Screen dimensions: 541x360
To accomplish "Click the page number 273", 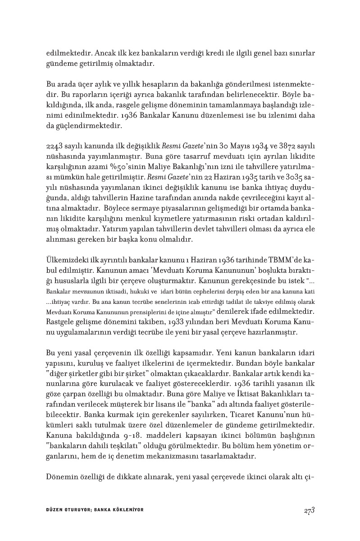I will point(308,510).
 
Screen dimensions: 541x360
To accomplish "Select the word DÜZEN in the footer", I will point(55,509).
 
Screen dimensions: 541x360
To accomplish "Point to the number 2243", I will point(55,147).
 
